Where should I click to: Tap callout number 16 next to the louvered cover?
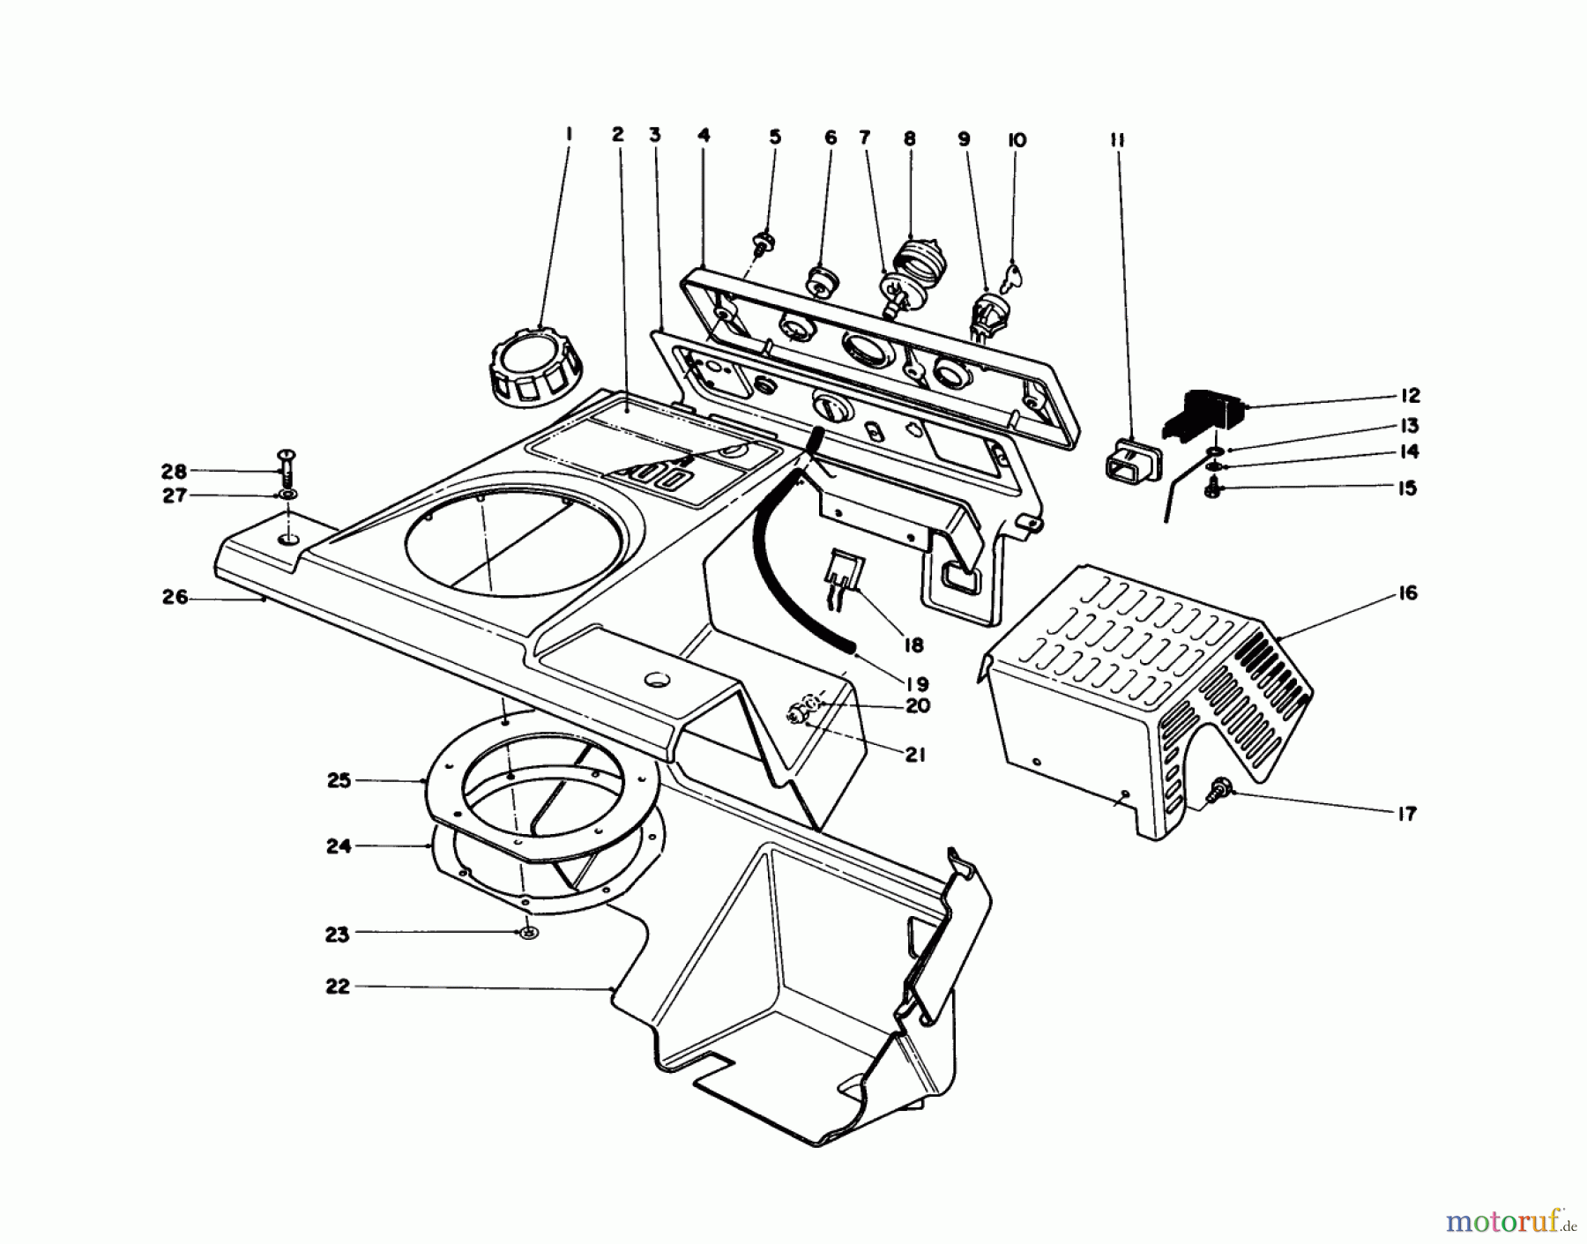(x=1408, y=593)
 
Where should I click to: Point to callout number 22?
(x=337, y=987)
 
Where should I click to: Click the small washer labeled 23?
(x=527, y=934)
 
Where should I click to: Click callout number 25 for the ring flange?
(x=339, y=780)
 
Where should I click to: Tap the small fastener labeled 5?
(x=764, y=241)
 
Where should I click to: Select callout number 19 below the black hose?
(x=915, y=683)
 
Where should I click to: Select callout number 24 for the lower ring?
(x=339, y=846)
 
